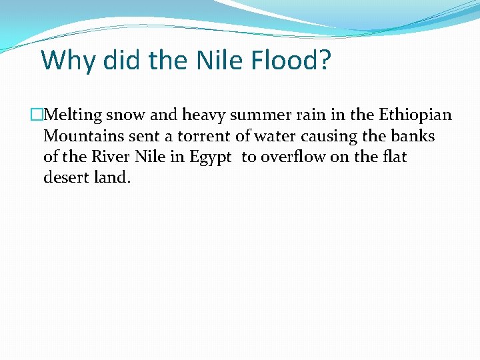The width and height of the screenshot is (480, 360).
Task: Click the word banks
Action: [x=414, y=137]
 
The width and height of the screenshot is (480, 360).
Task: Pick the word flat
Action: [x=393, y=157]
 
